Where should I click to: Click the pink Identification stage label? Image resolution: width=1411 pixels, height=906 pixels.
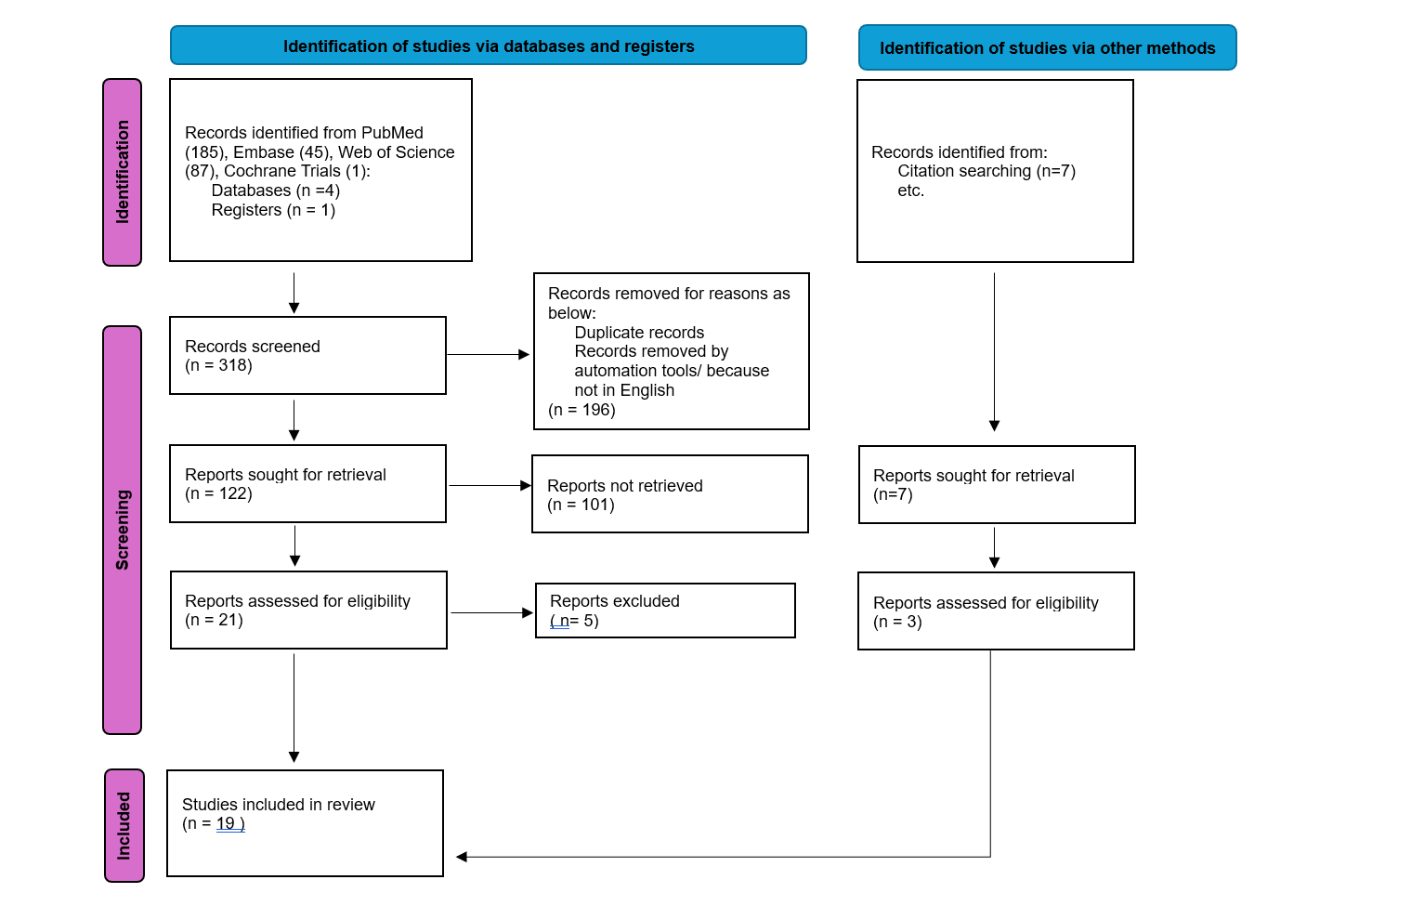(123, 172)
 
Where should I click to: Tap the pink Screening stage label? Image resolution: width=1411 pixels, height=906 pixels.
(123, 530)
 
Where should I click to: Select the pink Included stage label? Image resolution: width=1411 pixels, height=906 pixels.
(124, 825)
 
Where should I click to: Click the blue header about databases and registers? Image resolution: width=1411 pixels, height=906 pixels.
(489, 46)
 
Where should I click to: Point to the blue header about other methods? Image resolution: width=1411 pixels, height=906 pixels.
(1048, 47)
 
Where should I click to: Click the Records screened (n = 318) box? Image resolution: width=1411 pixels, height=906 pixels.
(308, 355)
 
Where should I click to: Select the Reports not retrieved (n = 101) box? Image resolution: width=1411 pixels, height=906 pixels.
(671, 494)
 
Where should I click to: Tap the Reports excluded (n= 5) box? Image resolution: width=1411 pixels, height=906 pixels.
(665, 611)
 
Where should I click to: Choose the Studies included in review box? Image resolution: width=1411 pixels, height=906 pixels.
(305, 823)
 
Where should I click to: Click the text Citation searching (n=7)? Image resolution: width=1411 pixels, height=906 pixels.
(986, 171)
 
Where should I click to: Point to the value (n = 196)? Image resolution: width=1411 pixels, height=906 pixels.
(581, 410)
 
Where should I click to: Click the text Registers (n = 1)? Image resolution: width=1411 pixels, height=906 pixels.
(273, 210)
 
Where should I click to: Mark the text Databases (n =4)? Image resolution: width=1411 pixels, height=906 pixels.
(275, 190)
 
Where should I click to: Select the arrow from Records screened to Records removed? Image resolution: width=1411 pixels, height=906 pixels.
(489, 355)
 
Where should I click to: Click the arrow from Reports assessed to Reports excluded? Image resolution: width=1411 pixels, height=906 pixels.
(492, 612)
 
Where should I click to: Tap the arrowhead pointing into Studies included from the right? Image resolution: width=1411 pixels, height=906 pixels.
(461, 857)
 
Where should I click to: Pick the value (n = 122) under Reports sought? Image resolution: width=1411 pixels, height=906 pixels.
(218, 493)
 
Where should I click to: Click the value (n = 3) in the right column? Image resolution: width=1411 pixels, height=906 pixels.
(897, 622)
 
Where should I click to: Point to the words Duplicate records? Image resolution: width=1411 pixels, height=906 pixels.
(639, 332)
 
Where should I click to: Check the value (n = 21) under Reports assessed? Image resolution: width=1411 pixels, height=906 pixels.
(214, 620)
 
